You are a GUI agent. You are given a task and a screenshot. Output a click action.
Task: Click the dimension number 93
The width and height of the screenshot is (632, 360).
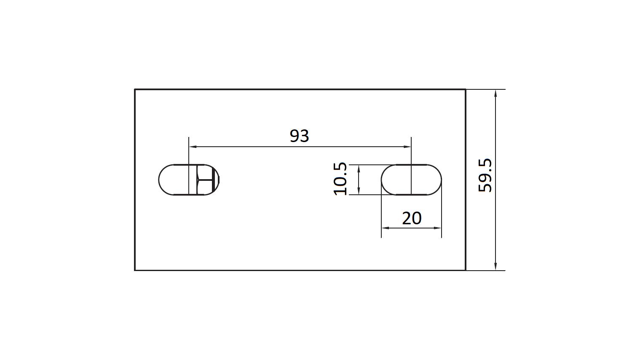(x=299, y=136)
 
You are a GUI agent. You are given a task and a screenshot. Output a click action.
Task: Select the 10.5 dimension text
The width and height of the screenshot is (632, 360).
(x=340, y=179)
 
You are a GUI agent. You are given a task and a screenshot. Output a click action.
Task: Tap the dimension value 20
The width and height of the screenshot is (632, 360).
(x=412, y=218)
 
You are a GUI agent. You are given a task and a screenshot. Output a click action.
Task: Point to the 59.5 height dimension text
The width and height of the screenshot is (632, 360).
(x=485, y=175)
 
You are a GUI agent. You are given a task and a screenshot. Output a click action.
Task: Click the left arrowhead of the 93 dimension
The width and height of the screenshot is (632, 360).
(x=193, y=147)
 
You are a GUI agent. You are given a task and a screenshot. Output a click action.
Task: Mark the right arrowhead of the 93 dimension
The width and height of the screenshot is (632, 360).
(x=407, y=147)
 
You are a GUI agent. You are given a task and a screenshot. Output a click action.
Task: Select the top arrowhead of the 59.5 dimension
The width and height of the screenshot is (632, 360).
(x=495, y=94)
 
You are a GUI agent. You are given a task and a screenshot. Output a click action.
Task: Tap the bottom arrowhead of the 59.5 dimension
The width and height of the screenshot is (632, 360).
(x=495, y=266)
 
